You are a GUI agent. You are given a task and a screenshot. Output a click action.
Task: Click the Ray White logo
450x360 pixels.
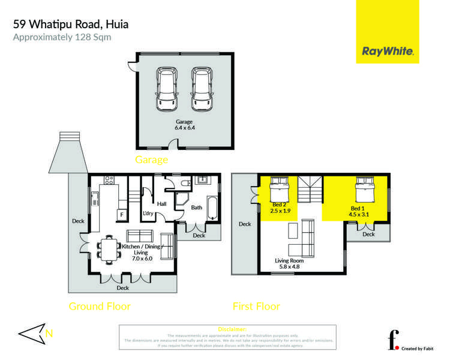click(388, 52)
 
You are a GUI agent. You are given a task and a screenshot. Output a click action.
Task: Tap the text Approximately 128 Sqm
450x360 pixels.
click(62, 37)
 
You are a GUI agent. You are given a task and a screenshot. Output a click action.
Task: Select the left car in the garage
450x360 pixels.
click(167, 88)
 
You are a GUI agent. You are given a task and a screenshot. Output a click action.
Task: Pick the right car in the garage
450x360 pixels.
click(202, 88)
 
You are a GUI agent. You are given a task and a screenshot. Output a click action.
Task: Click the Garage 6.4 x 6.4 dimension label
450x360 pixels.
click(184, 125)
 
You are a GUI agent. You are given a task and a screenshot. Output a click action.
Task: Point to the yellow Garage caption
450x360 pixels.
click(151, 160)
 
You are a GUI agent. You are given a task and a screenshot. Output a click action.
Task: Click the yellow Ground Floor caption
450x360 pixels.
click(100, 306)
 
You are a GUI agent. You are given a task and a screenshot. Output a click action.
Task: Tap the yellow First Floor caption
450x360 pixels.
click(256, 306)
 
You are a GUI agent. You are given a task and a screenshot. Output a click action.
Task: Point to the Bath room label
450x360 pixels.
click(196, 208)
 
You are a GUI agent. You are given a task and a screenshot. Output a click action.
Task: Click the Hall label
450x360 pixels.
click(161, 204)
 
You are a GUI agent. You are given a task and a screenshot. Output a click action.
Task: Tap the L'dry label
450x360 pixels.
click(148, 214)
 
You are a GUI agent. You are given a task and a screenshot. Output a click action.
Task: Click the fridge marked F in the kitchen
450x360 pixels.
click(121, 214)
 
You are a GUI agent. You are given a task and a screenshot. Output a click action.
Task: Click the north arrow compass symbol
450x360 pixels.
click(32, 334)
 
